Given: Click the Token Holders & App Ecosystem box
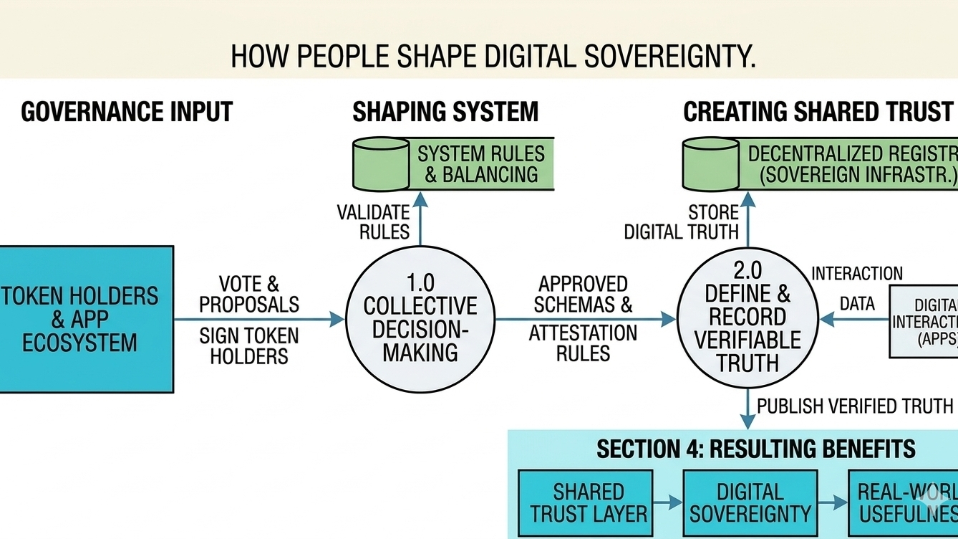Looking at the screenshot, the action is [x=86, y=319].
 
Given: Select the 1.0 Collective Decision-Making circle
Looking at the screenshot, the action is [x=420, y=318].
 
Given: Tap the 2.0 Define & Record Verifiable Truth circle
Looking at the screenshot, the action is [x=747, y=318].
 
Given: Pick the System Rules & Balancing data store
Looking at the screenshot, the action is [x=454, y=164].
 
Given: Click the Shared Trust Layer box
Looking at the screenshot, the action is [x=585, y=503].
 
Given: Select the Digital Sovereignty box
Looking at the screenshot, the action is [x=750, y=503].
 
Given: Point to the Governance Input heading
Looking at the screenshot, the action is [x=127, y=113].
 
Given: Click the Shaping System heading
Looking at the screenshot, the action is [x=445, y=113].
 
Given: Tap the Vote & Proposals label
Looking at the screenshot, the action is [x=249, y=294].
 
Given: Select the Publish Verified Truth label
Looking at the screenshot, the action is [x=855, y=406].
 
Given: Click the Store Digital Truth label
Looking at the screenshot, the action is [x=682, y=222].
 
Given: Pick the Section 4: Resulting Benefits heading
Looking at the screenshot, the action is [x=755, y=449].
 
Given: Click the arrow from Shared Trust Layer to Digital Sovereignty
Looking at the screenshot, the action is [x=668, y=503].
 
